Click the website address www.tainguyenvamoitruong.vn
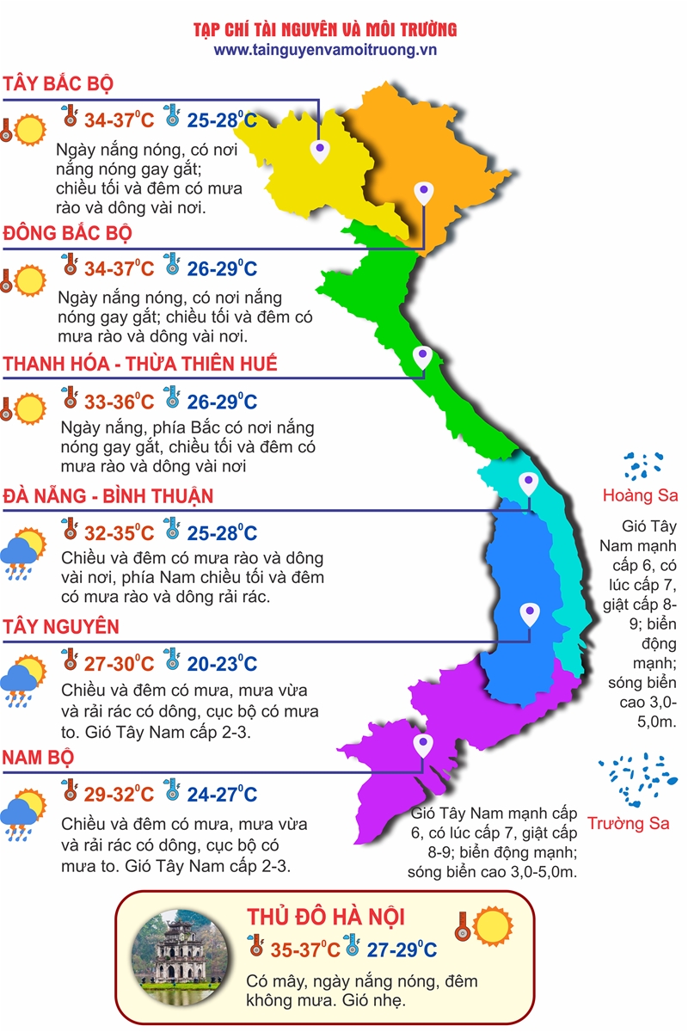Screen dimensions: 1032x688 pos(325,50)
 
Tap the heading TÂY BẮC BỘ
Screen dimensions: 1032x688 pos(58,84)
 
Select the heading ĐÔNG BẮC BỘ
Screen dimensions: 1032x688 pos(67,234)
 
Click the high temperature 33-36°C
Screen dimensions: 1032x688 pos(119,402)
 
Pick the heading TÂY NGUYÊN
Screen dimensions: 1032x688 pos(61,627)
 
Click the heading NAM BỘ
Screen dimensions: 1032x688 pos(38,758)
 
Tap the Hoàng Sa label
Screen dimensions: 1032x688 pos(640,495)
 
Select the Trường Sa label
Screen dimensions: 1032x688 pos(629,823)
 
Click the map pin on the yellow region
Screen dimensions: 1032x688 pos(320,151)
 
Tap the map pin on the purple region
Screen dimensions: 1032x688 pos(422,745)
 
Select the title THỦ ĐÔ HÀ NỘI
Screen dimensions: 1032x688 pos(326,917)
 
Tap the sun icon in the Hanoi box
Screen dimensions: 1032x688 pos(493,927)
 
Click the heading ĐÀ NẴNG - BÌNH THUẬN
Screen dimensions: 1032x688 pos(107,496)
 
